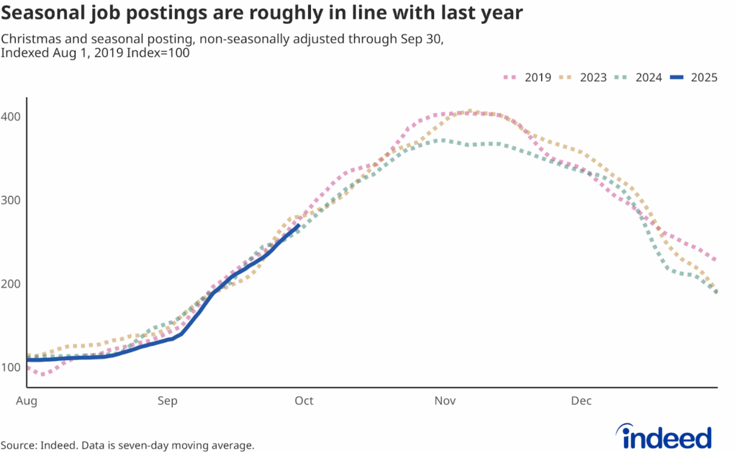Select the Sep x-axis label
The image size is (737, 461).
pyautogui.click(x=167, y=400)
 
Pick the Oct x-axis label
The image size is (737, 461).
pyautogui.click(x=304, y=400)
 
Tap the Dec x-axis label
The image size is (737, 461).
pyautogui.click(x=582, y=400)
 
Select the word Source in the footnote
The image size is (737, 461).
pyautogui.click(x=19, y=446)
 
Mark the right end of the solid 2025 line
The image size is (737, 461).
pyautogui.click(x=299, y=225)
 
